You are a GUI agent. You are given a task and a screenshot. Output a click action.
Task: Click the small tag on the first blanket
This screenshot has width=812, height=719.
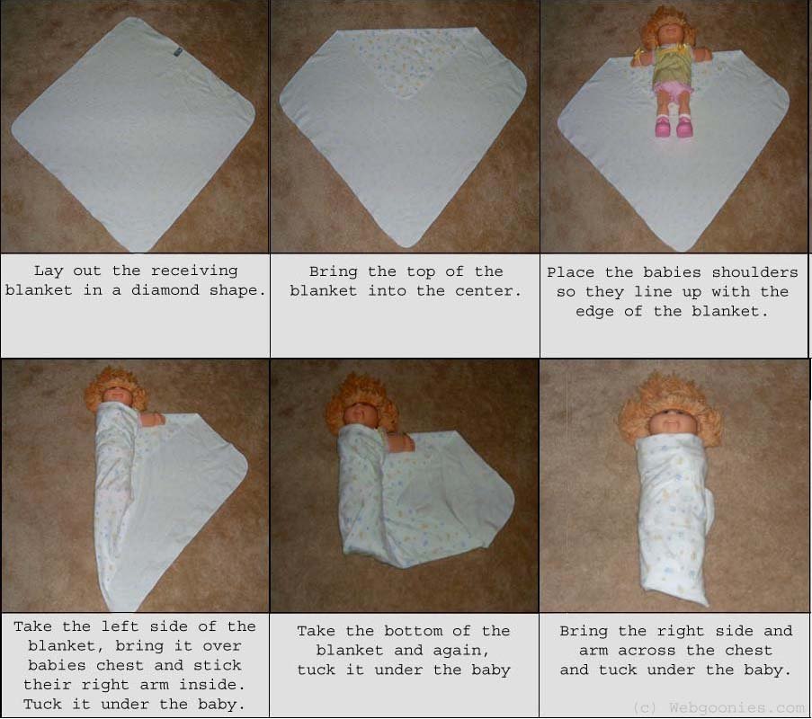coord(178,52)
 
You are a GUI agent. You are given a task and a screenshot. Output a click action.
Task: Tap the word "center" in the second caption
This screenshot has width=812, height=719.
coord(484,291)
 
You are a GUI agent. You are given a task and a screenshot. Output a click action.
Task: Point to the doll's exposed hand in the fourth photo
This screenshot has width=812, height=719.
coord(152,418)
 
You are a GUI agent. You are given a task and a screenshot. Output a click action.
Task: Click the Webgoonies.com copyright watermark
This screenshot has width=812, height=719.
coord(718,707)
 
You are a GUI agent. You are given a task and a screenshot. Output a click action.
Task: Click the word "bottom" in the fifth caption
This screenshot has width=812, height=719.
coord(414,632)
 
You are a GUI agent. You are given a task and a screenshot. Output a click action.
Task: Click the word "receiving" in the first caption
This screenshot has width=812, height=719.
coord(194,271)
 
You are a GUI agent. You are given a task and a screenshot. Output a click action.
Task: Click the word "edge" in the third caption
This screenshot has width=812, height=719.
coord(595,312)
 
